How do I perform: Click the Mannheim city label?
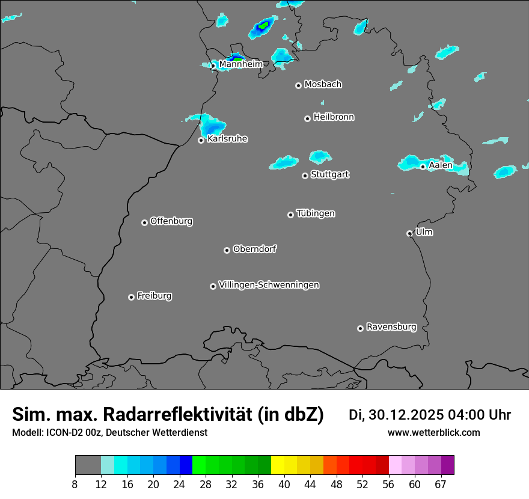coord(241,64)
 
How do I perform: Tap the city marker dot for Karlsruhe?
coord(201,141)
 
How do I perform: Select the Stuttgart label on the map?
coord(329,175)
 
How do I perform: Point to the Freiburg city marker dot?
coord(131,297)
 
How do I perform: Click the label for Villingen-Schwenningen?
coord(269,285)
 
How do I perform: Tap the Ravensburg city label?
coord(391,327)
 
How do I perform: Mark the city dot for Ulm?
coord(409,233)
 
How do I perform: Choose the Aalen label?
coord(440,165)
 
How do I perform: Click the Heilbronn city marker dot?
coord(307,118)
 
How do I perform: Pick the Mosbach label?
coord(322,85)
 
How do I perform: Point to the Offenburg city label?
coord(171,221)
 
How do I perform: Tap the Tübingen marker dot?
coord(290,215)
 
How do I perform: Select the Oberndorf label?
coord(254,249)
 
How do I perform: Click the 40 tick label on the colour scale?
coord(284,485)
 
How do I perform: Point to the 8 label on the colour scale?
coord(75,485)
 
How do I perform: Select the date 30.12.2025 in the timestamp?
coord(406,415)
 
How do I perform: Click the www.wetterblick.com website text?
coord(433,433)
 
